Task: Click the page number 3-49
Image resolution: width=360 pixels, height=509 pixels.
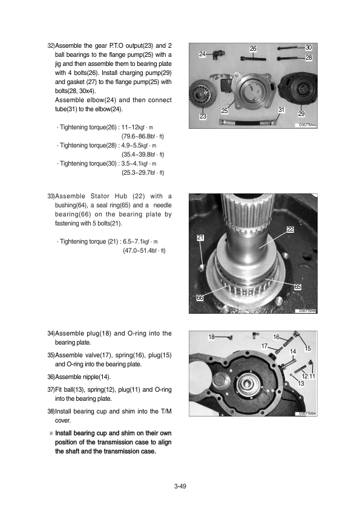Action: tap(180, 486)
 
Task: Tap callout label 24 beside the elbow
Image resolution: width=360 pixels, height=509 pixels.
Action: tap(203, 54)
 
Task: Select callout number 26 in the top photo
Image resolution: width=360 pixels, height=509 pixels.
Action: tap(253, 49)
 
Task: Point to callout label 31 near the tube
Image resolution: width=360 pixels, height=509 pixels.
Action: tap(281, 110)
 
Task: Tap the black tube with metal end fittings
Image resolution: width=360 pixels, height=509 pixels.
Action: tap(248, 122)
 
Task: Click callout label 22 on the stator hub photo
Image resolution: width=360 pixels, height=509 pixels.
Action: tap(290, 229)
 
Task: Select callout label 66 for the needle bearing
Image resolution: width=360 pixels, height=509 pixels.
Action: tap(200, 297)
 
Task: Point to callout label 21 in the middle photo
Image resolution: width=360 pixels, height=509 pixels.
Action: tap(200, 238)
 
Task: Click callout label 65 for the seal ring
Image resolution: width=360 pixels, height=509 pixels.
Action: tap(297, 287)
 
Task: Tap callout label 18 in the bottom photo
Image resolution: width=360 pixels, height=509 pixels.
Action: tap(211, 337)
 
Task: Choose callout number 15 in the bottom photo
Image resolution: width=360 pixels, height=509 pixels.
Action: tap(308, 348)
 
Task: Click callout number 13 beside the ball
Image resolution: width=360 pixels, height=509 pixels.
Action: tap(301, 383)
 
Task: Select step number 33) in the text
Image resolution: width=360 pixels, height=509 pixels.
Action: tap(51, 196)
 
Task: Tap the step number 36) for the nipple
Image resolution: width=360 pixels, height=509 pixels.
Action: tap(51, 377)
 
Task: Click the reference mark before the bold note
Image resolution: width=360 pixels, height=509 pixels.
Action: tap(51, 433)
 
